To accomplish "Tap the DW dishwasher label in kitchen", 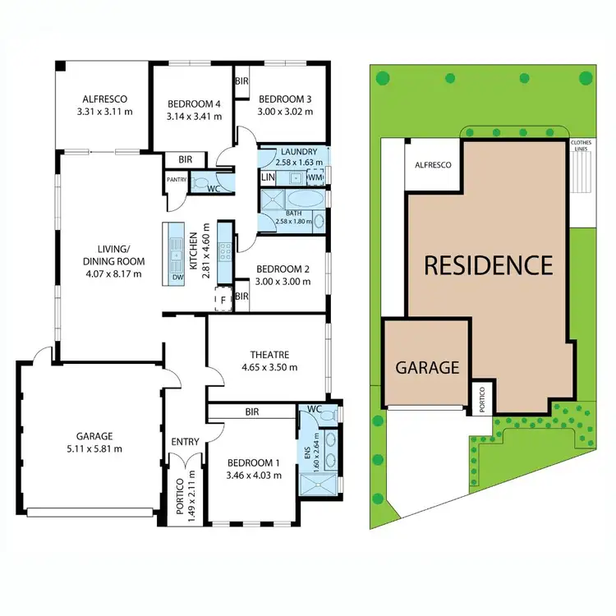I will (x=177, y=278).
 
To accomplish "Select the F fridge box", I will (x=221, y=301).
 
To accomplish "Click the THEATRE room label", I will (x=268, y=356).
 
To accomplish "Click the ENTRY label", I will (x=185, y=442).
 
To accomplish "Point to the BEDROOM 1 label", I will (x=251, y=464).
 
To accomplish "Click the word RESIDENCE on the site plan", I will (x=488, y=265).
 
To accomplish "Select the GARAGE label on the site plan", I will (x=428, y=367).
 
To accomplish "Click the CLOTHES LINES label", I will (x=581, y=145).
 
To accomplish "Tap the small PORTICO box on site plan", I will (x=482, y=398).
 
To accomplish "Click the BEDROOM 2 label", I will (x=283, y=269).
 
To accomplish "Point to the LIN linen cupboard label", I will (x=268, y=177).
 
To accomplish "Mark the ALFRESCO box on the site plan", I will (x=433, y=165).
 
